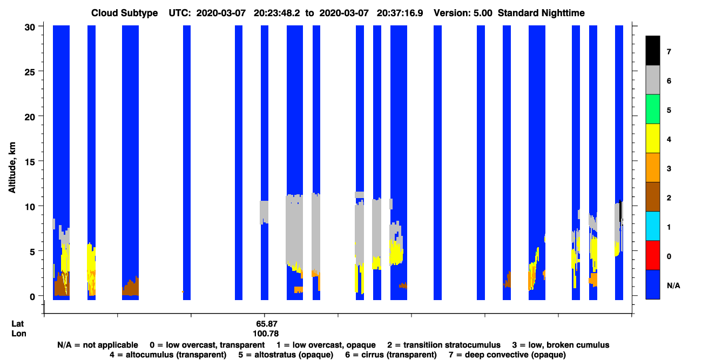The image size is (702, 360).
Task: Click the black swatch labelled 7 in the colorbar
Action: coord(652,50)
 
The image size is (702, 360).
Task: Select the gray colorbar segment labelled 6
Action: coord(652,79)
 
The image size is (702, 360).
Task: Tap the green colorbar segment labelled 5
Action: coord(652,109)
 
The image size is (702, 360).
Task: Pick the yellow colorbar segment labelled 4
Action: coord(652,138)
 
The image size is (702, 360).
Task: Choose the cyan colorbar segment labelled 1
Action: coord(652,226)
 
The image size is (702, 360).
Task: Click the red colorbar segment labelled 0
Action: coord(652,255)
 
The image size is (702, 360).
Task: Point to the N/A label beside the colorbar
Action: coord(673,286)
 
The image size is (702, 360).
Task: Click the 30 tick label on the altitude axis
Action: coord(30,28)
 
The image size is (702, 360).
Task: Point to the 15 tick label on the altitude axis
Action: coord(30,161)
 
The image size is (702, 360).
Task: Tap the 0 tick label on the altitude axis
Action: coord(32,296)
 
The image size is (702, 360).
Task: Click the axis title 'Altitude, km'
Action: coord(12,167)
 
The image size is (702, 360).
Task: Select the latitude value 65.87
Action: coord(267,324)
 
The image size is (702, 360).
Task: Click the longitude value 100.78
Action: coord(266,334)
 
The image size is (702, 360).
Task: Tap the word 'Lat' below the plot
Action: coord(17,324)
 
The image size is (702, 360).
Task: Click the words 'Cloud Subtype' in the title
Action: coord(124,13)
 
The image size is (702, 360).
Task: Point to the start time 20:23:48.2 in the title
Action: coord(276,13)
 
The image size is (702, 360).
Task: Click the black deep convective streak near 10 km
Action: coord(620,212)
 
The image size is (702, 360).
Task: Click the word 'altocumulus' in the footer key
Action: coord(150,355)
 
